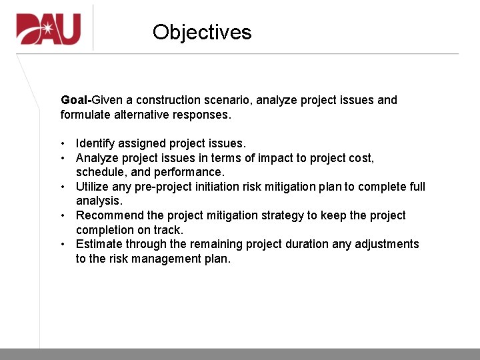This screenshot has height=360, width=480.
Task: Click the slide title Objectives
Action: pos(202,32)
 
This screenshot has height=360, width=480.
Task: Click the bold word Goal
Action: pos(74,100)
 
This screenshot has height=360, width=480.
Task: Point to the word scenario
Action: pos(230,100)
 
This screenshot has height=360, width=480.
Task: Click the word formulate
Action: pos(85,115)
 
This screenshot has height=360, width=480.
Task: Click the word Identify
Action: pos(95,143)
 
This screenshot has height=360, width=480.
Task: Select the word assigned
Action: pos(141,143)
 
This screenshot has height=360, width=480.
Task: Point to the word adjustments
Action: pos(387,244)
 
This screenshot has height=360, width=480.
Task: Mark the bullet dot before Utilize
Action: pos(62,187)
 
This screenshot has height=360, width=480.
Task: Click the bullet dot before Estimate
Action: pos(62,244)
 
